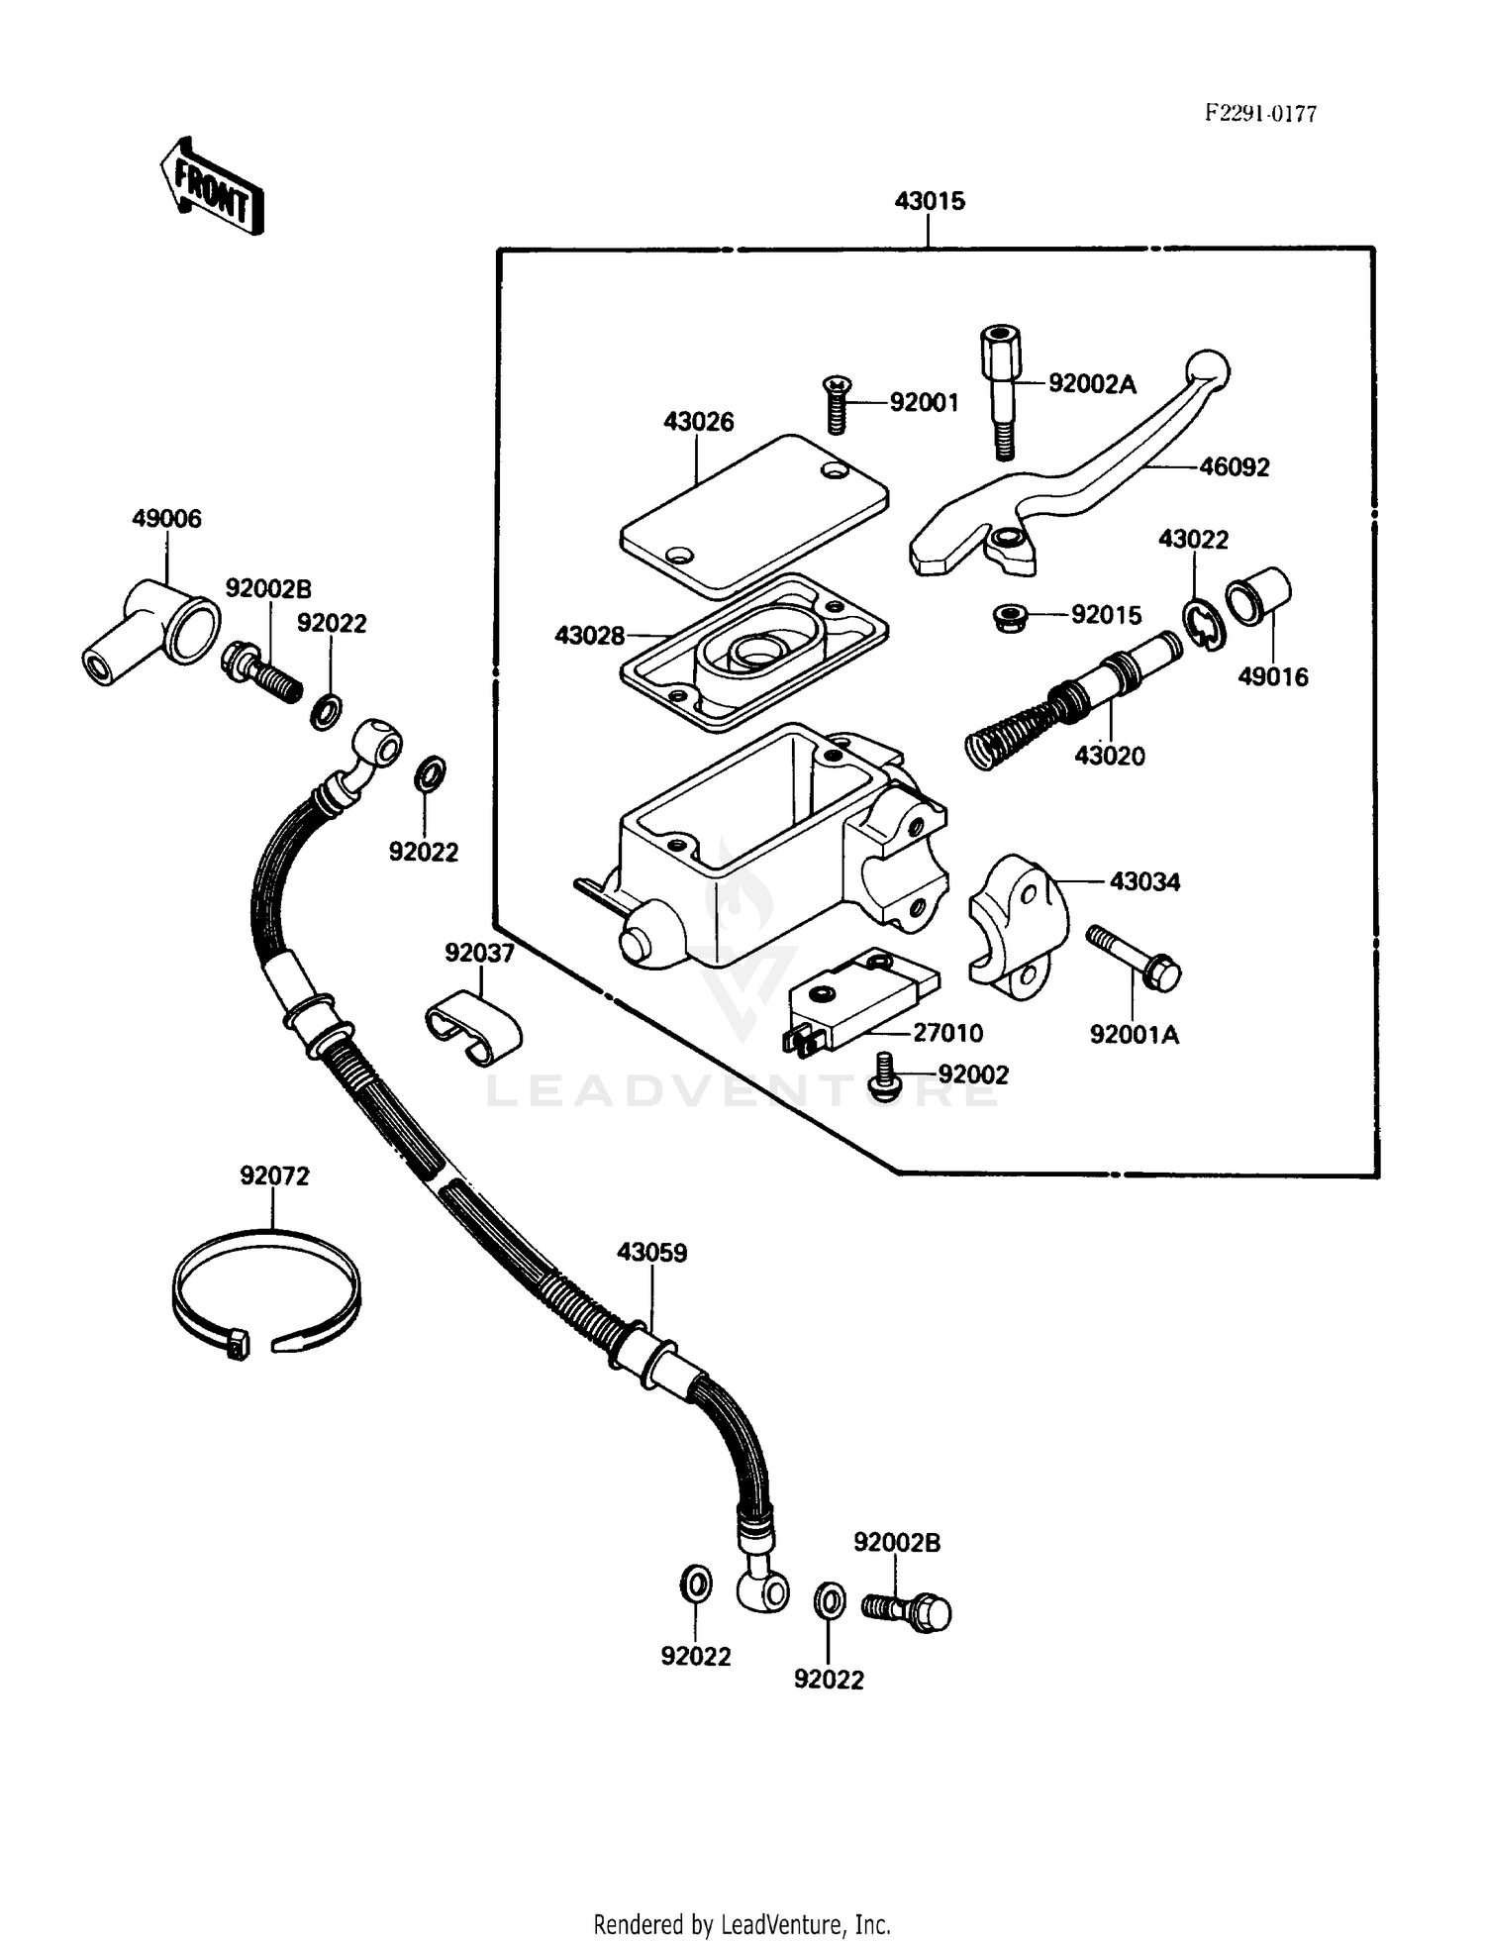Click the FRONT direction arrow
(x=211, y=185)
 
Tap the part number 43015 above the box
(x=929, y=201)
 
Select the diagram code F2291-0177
(x=1259, y=113)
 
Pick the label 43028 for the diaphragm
(x=589, y=636)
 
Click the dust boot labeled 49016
(x=1258, y=597)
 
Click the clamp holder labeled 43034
(x=1018, y=920)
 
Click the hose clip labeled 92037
(x=473, y=1030)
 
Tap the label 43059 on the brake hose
(x=651, y=1253)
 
